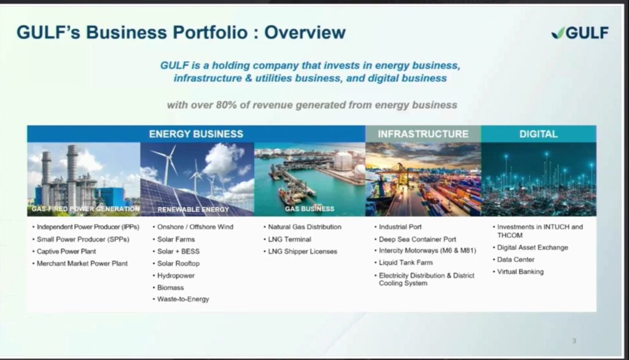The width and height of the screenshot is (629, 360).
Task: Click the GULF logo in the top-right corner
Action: (580, 33)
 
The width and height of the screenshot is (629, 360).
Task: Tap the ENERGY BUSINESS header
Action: (196, 134)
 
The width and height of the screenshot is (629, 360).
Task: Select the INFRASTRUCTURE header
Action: (423, 134)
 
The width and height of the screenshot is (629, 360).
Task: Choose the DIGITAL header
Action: (538, 134)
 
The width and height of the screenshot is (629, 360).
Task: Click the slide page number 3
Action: (574, 341)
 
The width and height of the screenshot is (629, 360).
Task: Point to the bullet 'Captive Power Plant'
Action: (66, 252)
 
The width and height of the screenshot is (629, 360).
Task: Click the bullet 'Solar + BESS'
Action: (178, 252)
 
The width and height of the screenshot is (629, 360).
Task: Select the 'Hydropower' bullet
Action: (176, 276)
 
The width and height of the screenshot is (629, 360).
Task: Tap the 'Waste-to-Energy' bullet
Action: (183, 299)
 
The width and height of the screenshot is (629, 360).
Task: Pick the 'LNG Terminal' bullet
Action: (289, 239)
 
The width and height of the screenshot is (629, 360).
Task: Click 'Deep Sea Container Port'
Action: (417, 239)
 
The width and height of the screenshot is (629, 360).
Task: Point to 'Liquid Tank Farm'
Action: (405, 262)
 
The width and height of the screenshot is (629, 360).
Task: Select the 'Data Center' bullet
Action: (515, 260)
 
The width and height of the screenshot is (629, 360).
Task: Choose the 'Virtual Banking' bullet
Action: (520, 272)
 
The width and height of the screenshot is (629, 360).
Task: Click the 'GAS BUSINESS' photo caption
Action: (310, 209)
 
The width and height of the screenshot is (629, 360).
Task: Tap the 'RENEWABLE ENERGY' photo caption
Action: (193, 209)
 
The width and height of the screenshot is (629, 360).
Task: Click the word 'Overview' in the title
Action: (305, 33)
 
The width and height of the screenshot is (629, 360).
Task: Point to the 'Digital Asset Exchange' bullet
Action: (533, 248)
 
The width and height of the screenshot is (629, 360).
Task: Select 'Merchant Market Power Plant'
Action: (82, 264)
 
